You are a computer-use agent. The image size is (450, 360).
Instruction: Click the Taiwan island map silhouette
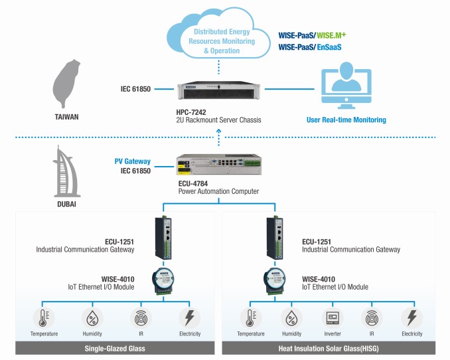(67, 82)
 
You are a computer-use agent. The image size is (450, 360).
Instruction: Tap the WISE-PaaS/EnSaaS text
(309, 47)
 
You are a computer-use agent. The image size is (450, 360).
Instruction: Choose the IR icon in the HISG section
(372, 317)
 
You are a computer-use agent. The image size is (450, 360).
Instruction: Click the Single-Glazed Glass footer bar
(115, 348)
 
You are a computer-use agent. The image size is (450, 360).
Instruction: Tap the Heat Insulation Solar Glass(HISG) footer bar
(329, 348)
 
